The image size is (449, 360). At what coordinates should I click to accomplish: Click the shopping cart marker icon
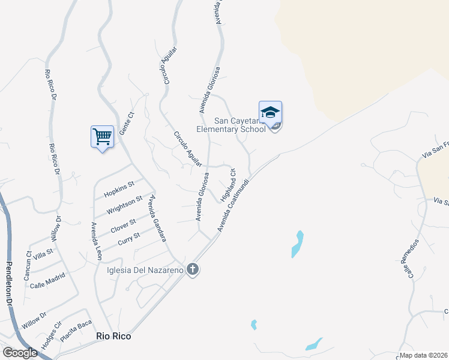tap(102, 137)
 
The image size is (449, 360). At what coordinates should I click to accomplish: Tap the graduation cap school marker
tap(270, 112)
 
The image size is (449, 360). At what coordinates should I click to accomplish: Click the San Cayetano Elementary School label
tap(231, 124)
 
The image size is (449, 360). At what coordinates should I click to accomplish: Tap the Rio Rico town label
tap(113, 337)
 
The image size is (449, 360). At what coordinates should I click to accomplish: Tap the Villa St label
tap(43, 254)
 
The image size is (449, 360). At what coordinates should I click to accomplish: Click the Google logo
tap(20, 353)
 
